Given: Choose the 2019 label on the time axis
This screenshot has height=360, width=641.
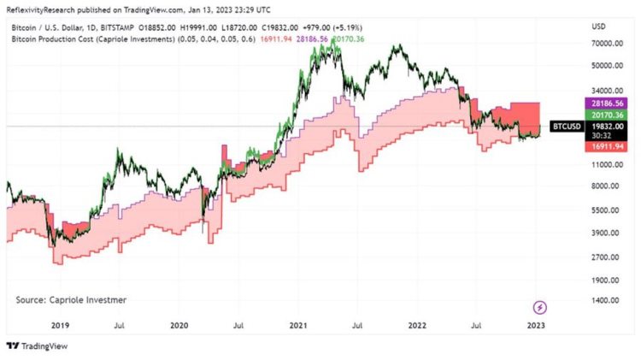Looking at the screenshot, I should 60,325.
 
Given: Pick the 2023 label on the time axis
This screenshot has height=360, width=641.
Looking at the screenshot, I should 538,325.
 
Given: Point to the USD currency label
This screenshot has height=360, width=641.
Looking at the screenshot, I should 598,27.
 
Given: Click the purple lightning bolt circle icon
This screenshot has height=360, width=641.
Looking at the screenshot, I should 540,307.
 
